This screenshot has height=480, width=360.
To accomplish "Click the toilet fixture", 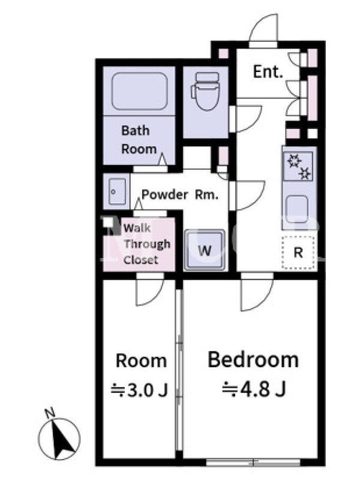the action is pos(205,91).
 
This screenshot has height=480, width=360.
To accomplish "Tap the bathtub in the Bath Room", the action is pos(140,91).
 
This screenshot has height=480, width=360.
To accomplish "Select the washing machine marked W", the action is pos(204,250).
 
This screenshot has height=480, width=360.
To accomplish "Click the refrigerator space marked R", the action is pos(298,253).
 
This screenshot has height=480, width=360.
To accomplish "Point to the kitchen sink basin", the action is pos(296,209).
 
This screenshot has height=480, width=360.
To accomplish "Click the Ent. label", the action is pos(268,72).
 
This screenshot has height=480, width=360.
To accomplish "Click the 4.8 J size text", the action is pos(254,389).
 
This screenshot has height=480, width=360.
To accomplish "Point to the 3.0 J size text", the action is pos(140,390).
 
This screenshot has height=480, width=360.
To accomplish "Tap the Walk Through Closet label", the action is pos(146,244).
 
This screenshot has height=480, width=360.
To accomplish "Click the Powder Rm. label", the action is pos(180,194).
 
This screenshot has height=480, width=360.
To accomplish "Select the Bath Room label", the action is pos(139,140).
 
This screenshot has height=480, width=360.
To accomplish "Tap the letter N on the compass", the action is pos(50,413).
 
